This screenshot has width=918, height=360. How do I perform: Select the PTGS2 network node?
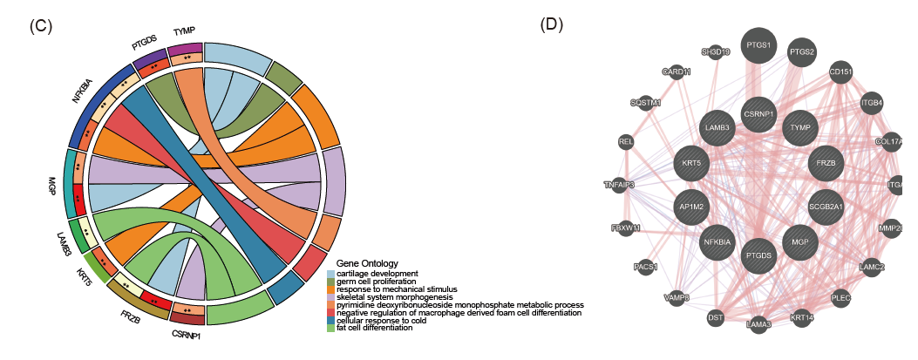click(802, 52)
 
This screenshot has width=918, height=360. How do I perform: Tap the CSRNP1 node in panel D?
click(758, 113)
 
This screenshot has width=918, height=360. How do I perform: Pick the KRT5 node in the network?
click(692, 161)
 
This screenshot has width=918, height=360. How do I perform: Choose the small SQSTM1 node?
click(645, 103)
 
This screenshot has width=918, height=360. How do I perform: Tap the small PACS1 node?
click(646, 266)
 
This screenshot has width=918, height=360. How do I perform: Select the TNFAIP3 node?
click(619, 185)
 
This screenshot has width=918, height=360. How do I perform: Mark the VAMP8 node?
click(677, 297)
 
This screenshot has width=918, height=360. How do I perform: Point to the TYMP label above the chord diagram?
click(184, 31)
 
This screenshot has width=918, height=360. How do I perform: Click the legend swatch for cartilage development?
click(330, 274)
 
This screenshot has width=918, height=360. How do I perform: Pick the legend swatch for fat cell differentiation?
click(330, 328)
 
